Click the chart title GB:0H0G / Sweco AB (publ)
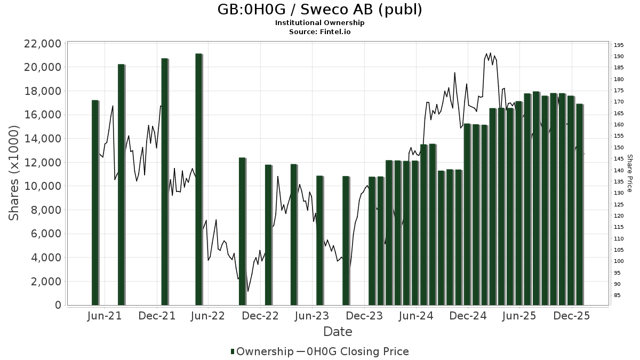(x=320, y=10)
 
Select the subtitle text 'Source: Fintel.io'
(x=320, y=31)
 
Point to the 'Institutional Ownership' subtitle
(x=320, y=23)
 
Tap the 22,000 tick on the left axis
(x=40, y=44)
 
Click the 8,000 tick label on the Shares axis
(x=43, y=210)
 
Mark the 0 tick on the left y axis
(x=58, y=306)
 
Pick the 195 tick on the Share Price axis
(x=619, y=45)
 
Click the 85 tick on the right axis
(x=617, y=295)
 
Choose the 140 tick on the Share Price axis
(x=619, y=170)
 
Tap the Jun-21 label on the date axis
(x=104, y=316)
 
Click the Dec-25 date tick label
(x=572, y=316)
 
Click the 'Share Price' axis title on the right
(x=630, y=173)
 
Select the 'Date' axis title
(x=338, y=332)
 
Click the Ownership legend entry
(x=261, y=351)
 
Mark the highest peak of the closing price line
(x=490, y=53)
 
